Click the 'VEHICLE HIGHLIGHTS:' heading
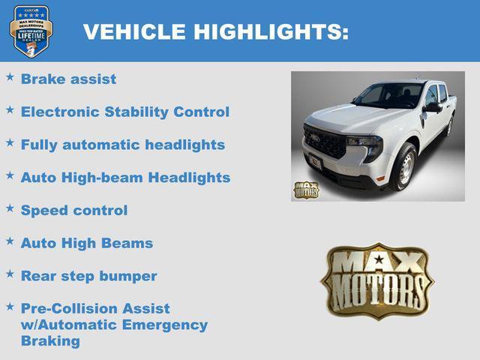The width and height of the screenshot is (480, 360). coord(215,31)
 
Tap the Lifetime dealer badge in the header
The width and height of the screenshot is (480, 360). coord(31,31)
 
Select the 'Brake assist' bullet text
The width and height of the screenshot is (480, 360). coord(68,79)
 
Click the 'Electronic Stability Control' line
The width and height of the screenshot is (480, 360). coord(124,112)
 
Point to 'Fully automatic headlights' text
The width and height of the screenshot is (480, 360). coord(122,145)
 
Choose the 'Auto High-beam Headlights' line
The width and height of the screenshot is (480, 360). coord(125,178)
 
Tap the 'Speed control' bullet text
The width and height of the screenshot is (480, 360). coord(74,211)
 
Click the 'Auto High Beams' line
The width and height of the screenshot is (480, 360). coord(86,243)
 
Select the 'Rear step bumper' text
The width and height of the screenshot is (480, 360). coord(88,276)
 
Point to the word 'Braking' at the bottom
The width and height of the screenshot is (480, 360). coord(50,341)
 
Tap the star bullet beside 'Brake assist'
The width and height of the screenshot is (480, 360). coord(10,76)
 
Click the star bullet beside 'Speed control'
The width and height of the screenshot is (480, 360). coord(10,208)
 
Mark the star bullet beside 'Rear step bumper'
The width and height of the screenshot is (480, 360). coord(10,274)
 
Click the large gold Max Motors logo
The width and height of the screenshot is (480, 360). coord(376,281)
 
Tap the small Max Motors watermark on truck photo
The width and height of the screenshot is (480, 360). coord(305,190)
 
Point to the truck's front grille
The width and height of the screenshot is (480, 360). coord(325,142)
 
